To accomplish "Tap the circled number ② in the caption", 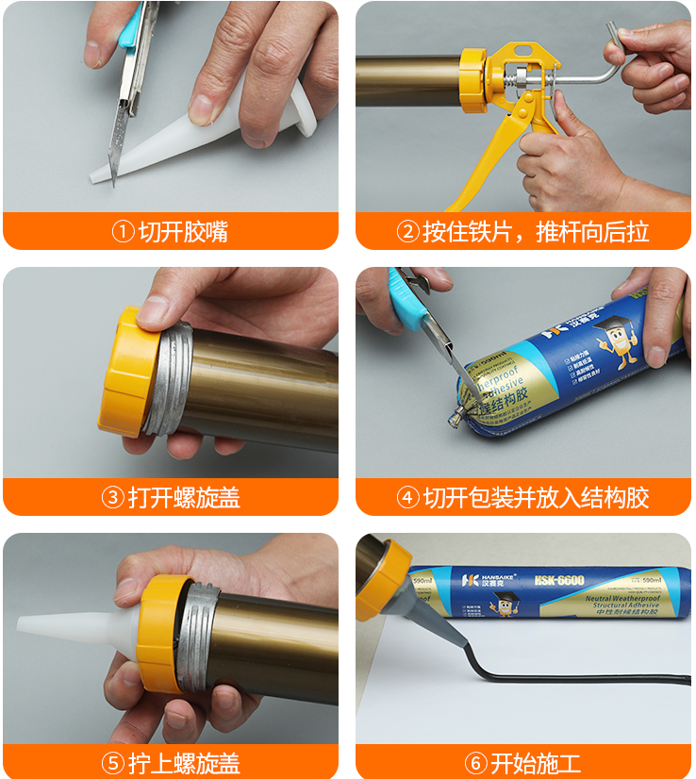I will pos(407,231).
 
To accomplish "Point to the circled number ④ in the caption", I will pos(407,497).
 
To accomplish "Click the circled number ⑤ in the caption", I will pos(113,762).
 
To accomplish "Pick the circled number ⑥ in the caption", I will pos(476,762).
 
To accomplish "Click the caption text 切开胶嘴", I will pos(183,231).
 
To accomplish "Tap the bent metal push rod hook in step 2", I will pos(613,52).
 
